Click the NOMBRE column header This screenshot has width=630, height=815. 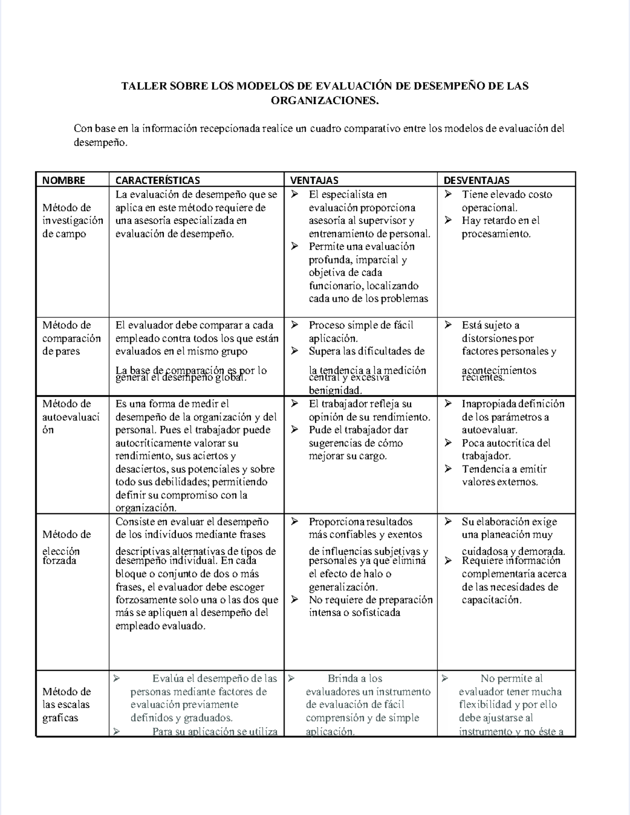click(x=64, y=180)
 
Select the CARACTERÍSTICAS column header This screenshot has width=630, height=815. click(x=157, y=180)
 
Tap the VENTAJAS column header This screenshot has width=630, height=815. click(x=314, y=180)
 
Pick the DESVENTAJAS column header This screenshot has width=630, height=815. click(x=476, y=180)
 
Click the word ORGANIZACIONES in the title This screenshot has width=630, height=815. click(x=324, y=100)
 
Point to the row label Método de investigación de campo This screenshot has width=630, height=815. click(x=72, y=221)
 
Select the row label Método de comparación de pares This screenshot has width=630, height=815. click(x=71, y=338)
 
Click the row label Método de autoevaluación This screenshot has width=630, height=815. click(x=70, y=417)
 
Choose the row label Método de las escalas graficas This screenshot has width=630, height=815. click(x=67, y=705)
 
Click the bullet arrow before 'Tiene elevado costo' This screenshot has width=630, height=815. click(x=448, y=194)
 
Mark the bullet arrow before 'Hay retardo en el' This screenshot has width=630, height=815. click(x=448, y=221)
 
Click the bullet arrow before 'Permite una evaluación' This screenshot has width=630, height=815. click(x=295, y=246)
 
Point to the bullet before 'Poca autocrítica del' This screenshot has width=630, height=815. click(x=448, y=443)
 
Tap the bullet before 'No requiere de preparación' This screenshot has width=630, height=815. click(x=295, y=600)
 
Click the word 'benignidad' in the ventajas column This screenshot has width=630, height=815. click(x=335, y=390)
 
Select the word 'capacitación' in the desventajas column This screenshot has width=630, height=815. click(x=491, y=600)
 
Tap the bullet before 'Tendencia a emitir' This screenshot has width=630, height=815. click(x=448, y=469)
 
